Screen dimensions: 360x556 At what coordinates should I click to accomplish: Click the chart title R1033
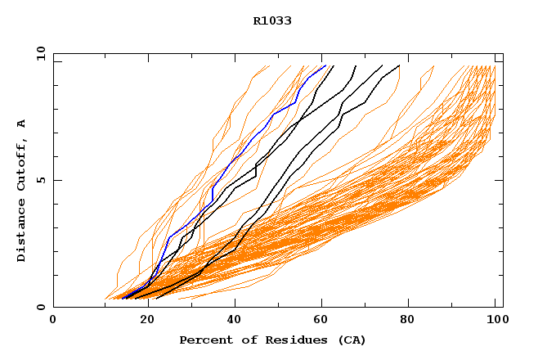point(272,20)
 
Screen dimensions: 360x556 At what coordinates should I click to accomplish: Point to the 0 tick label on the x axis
point(53,320)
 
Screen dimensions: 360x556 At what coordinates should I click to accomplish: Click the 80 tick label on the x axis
point(407,320)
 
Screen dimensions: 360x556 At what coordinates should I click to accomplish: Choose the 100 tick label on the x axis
point(495,320)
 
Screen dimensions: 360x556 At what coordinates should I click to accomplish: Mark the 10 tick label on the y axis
point(40,54)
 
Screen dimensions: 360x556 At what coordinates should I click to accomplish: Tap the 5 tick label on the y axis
point(40,180)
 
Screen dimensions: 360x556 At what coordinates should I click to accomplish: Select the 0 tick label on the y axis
point(40,307)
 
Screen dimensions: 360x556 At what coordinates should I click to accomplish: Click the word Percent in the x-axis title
point(204,340)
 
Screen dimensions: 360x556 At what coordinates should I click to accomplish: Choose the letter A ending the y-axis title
point(21,124)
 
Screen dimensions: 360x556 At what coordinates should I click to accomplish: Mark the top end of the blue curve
point(325,65)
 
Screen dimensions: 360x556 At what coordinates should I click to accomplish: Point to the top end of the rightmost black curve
point(399,65)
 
